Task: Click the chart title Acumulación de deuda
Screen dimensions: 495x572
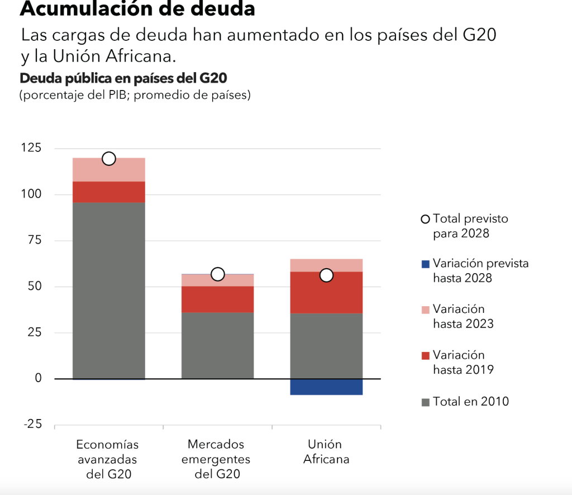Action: point(137,9)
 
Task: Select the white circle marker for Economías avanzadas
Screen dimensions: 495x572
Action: point(109,159)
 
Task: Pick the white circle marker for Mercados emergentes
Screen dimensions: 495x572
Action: point(218,274)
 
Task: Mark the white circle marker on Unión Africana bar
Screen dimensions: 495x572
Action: point(327,275)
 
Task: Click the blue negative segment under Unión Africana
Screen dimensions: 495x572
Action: point(327,387)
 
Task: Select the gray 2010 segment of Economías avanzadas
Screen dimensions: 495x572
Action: point(109,291)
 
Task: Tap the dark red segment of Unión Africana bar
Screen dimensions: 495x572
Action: point(327,292)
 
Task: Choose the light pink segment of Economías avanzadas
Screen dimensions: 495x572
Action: point(109,169)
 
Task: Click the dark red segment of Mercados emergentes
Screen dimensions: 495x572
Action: point(218,299)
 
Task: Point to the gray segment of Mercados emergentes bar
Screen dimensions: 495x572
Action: point(218,345)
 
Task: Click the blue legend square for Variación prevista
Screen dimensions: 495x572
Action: point(426,264)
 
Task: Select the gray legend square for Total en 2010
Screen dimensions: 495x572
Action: point(426,402)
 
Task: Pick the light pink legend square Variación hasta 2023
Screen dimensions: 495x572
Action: point(426,310)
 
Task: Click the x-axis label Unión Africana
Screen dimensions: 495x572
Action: point(327,452)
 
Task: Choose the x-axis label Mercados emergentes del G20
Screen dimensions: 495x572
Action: point(218,459)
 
